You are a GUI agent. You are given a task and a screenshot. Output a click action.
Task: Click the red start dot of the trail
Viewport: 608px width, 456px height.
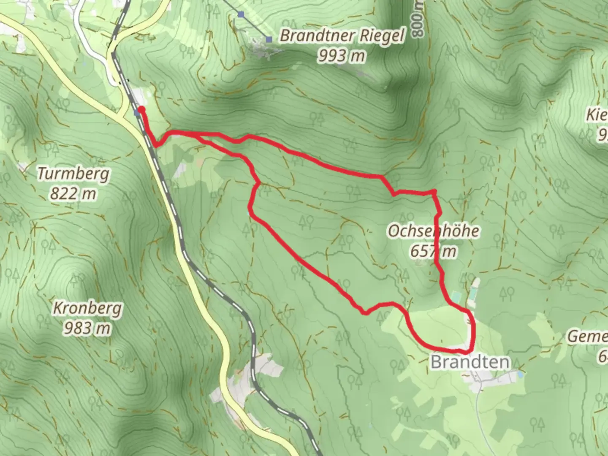tap(141, 110)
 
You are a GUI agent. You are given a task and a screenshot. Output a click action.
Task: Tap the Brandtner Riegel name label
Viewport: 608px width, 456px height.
tap(342, 36)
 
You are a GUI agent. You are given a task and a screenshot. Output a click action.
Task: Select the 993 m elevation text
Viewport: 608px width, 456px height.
tap(341, 55)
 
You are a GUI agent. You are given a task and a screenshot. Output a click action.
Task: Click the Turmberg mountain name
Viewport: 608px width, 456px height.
tap(73, 174)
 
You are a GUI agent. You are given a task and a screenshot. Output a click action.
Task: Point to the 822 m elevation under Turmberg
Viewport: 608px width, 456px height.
tap(73, 194)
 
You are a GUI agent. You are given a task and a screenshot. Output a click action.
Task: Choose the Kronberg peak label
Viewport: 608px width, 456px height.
tap(87, 308)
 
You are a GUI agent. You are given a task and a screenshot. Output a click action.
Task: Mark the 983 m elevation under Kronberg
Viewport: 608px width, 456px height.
tap(87, 328)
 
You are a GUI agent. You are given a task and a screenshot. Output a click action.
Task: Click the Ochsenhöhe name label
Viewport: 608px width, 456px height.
tap(434, 231)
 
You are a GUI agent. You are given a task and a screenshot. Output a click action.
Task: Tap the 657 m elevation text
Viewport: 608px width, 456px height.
tap(434, 251)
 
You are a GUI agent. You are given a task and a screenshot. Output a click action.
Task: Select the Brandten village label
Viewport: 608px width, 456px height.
tap(470, 362)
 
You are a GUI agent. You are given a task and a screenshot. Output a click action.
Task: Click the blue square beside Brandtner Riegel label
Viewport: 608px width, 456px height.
tap(269, 40)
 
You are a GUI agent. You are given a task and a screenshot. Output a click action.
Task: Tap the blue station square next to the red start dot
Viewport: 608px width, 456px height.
tap(136, 113)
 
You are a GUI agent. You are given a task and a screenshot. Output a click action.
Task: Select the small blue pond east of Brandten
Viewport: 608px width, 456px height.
tap(521, 374)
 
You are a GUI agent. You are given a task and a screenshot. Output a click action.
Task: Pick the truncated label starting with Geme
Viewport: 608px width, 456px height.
tap(588, 337)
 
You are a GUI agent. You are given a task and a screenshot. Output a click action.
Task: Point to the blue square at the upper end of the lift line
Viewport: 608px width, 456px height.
tap(241, 15)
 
